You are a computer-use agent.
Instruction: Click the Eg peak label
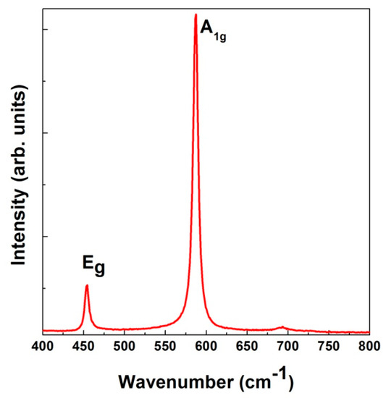[93, 268]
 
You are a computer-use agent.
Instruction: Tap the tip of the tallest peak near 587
[196, 14]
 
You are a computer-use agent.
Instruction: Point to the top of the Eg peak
[87, 285]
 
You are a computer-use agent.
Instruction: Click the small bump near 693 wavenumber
[282, 328]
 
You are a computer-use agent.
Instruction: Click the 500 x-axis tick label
[125, 346]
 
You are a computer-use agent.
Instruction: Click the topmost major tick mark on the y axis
[46, 30]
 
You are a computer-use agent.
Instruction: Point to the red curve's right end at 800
[369, 332]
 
